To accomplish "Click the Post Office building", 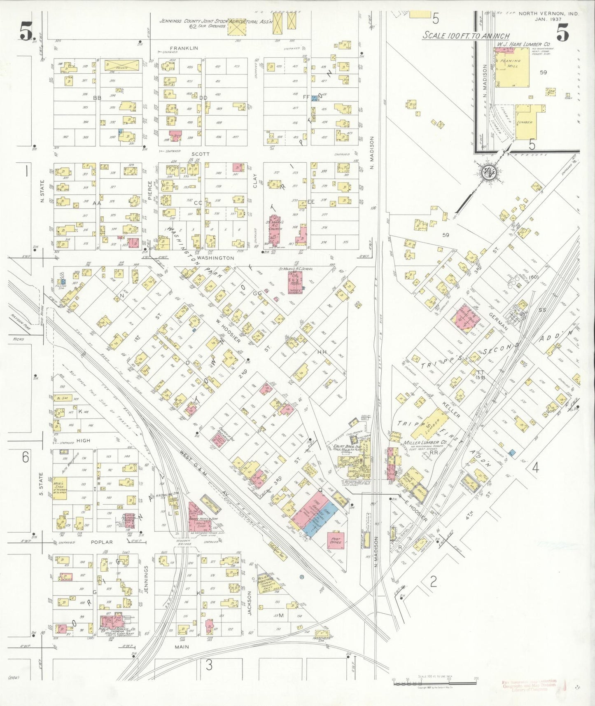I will coord(335,541).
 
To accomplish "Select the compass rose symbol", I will coord(490,172).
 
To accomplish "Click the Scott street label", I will coord(201,154).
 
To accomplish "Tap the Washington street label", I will coord(215,258).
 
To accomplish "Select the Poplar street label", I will coord(102,542).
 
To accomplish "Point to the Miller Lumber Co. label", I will coord(421,443).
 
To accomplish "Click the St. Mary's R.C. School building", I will coord(295,282).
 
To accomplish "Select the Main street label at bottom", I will coord(182,647).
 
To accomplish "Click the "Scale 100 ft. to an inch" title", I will coord(466,36).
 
